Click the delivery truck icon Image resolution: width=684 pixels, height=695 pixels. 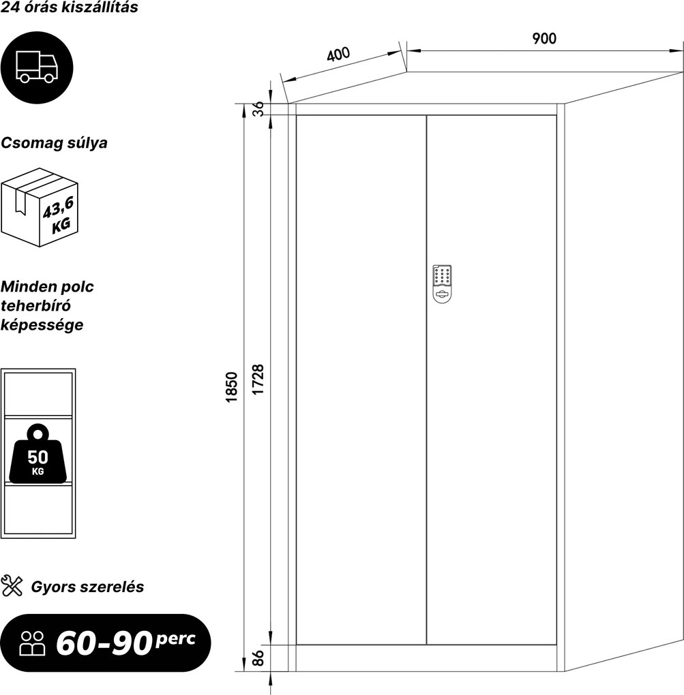pos(37,67)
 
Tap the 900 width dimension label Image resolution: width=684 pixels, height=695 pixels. pos(544,39)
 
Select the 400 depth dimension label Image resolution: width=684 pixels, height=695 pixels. pos(338,54)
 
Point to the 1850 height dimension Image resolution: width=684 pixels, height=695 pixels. pos(232,387)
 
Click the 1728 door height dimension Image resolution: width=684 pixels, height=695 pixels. pos(258,380)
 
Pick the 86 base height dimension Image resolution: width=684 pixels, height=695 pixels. pos(258,658)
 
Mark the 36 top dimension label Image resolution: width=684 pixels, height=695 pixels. pos(258,108)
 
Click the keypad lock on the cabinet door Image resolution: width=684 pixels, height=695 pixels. pos(442,284)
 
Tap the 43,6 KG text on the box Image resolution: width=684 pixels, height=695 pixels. pos(58,215)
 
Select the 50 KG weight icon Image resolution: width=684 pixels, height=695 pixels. pos(38,454)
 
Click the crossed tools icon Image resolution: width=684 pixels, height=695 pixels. pos(12,586)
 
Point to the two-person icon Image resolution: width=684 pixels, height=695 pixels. pos(32,643)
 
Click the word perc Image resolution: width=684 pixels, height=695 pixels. pos(176,638)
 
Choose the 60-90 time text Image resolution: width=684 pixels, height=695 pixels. pos(104,644)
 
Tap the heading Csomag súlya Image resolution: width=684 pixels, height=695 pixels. pos(54,143)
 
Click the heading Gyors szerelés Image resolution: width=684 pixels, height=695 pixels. pos(87,587)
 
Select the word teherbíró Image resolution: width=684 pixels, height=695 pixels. pos(36,305)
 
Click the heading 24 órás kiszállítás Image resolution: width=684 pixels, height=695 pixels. pos(69,7)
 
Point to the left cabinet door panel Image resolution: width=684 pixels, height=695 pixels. pos(361,380)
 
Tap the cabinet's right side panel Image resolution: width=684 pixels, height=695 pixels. pos(623,371)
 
